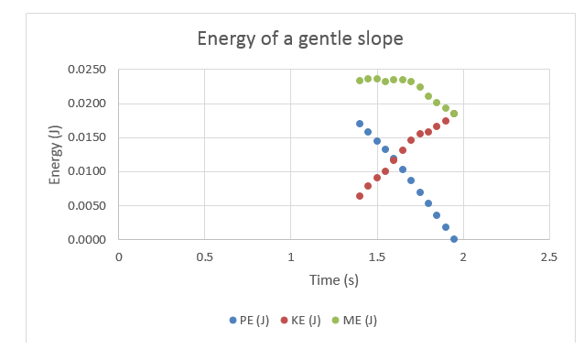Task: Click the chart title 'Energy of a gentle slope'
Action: (x=300, y=39)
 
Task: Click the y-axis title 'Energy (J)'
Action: (x=56, y=155)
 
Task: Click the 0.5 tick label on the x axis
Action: (x=204, y=256)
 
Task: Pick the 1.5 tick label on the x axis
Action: (x=376, y=256)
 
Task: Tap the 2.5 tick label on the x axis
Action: (x=548, y=256)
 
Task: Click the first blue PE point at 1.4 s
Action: (x=360, y=124)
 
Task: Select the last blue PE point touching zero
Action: (x=454, y=239)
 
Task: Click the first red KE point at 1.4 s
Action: (x=360, y=196)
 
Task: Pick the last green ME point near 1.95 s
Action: (x=454, y=114)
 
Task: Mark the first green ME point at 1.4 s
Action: (x=360, y=81)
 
